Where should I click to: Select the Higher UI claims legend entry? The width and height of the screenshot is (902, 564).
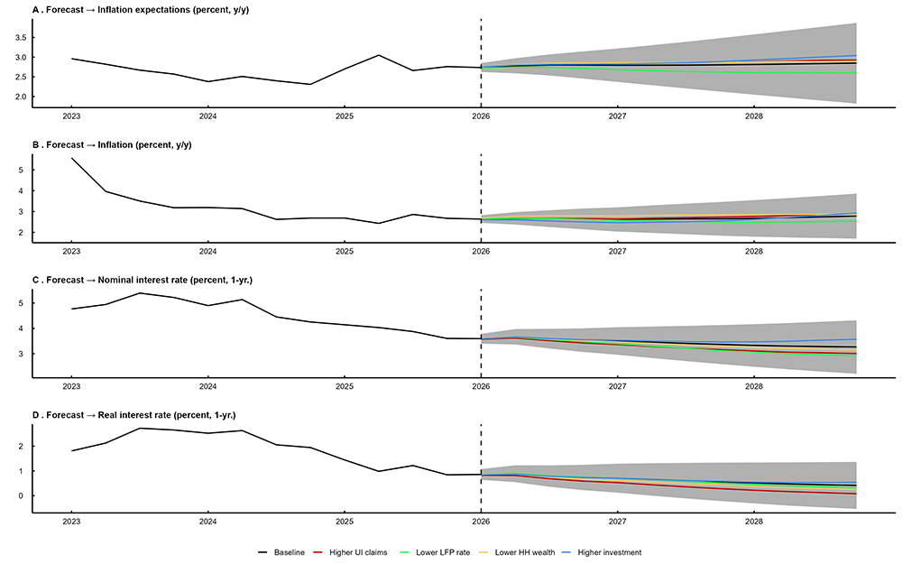pos(359,551)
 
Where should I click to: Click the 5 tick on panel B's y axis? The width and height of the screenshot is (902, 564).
pos(23,170)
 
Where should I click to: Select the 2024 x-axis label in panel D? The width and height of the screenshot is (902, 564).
pos(207,523)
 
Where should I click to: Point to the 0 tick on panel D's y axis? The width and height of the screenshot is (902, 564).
pos(23,495)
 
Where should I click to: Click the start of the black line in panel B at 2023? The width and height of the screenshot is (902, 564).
pos(71,159)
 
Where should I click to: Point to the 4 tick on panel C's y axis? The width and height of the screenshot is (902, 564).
pos(23,328)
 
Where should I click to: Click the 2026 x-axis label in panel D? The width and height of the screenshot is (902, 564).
pos(481,523)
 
